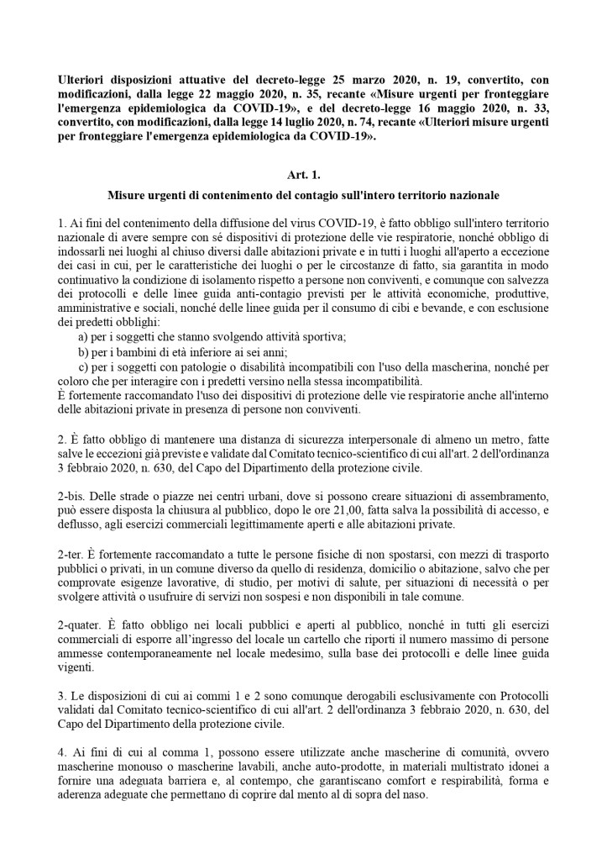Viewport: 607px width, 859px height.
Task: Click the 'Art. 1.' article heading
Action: pyautogui.click(x=303, y=174)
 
